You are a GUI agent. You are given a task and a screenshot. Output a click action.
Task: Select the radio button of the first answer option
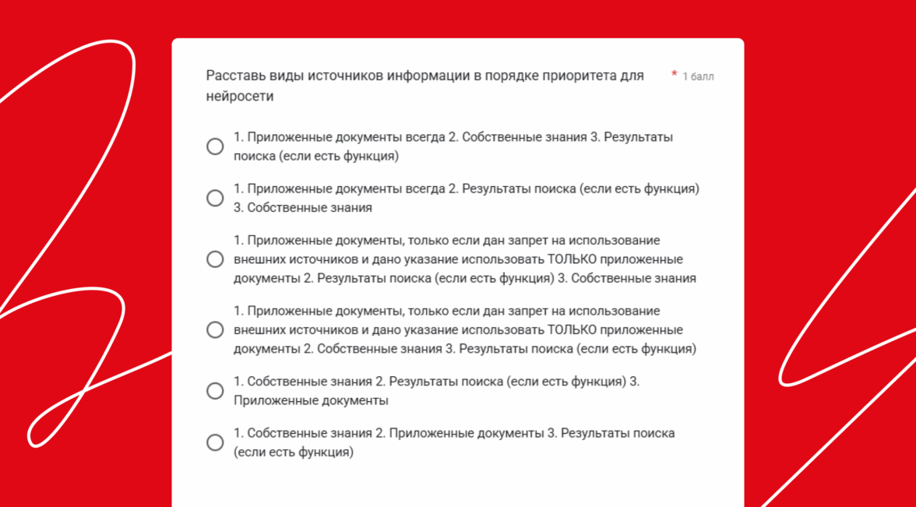click(x=215, y=146)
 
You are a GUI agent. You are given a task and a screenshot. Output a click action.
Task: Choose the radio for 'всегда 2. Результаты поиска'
click(x=215, y=198)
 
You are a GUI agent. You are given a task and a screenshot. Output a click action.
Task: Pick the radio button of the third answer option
click(x=215, y=259)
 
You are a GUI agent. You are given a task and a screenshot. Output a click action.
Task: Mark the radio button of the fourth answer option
click(x=215, y=329)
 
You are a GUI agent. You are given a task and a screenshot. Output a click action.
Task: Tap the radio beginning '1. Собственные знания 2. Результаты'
click(x=215, y=391)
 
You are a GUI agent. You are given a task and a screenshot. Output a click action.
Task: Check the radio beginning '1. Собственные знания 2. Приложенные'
click(x=215, y=442)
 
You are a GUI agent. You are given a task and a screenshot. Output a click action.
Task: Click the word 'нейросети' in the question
click(x=240, y=97)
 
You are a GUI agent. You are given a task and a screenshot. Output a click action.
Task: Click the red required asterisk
click(x=674, y=75)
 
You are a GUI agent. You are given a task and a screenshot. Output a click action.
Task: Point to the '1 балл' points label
click(x=698, y=76)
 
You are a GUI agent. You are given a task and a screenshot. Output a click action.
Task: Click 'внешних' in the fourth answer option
click(x=256, y=329)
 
